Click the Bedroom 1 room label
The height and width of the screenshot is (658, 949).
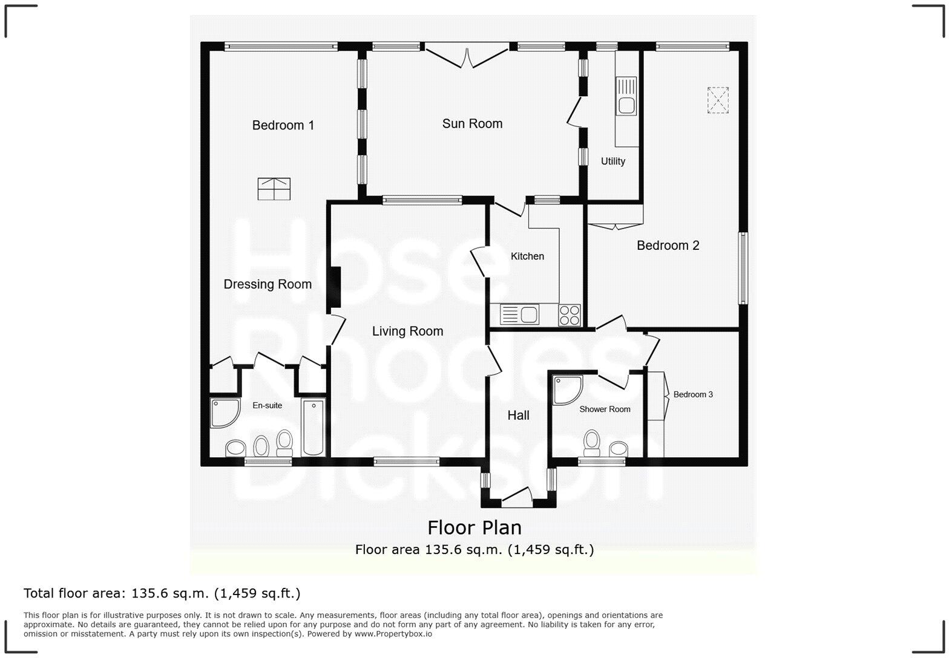coord(283,125)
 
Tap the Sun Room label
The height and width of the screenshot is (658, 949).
coord(472,123)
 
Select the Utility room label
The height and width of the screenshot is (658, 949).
coord(612,161)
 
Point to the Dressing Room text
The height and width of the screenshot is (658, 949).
coord(268,284)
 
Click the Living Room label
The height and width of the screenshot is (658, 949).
coord(407,331)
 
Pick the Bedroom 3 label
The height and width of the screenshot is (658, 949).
coord(693,394)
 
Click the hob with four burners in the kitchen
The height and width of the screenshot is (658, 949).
coord(570,315)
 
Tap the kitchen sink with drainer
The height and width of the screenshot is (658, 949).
coord(519,315)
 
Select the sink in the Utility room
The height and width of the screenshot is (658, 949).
coord(626,96)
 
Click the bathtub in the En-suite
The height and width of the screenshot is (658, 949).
coord(314,427)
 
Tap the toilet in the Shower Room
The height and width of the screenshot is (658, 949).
coord(592,443)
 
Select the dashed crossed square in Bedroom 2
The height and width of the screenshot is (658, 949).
coord(718,100)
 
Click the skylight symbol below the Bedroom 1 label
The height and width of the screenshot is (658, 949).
coord(274,189)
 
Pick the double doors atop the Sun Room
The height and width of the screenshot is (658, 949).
coord(467,56)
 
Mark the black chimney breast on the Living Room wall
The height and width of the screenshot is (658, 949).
coord(334,287)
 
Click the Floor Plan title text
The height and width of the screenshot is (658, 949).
coord(475,527)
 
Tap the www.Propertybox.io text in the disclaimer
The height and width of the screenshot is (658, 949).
coord(393,634)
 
